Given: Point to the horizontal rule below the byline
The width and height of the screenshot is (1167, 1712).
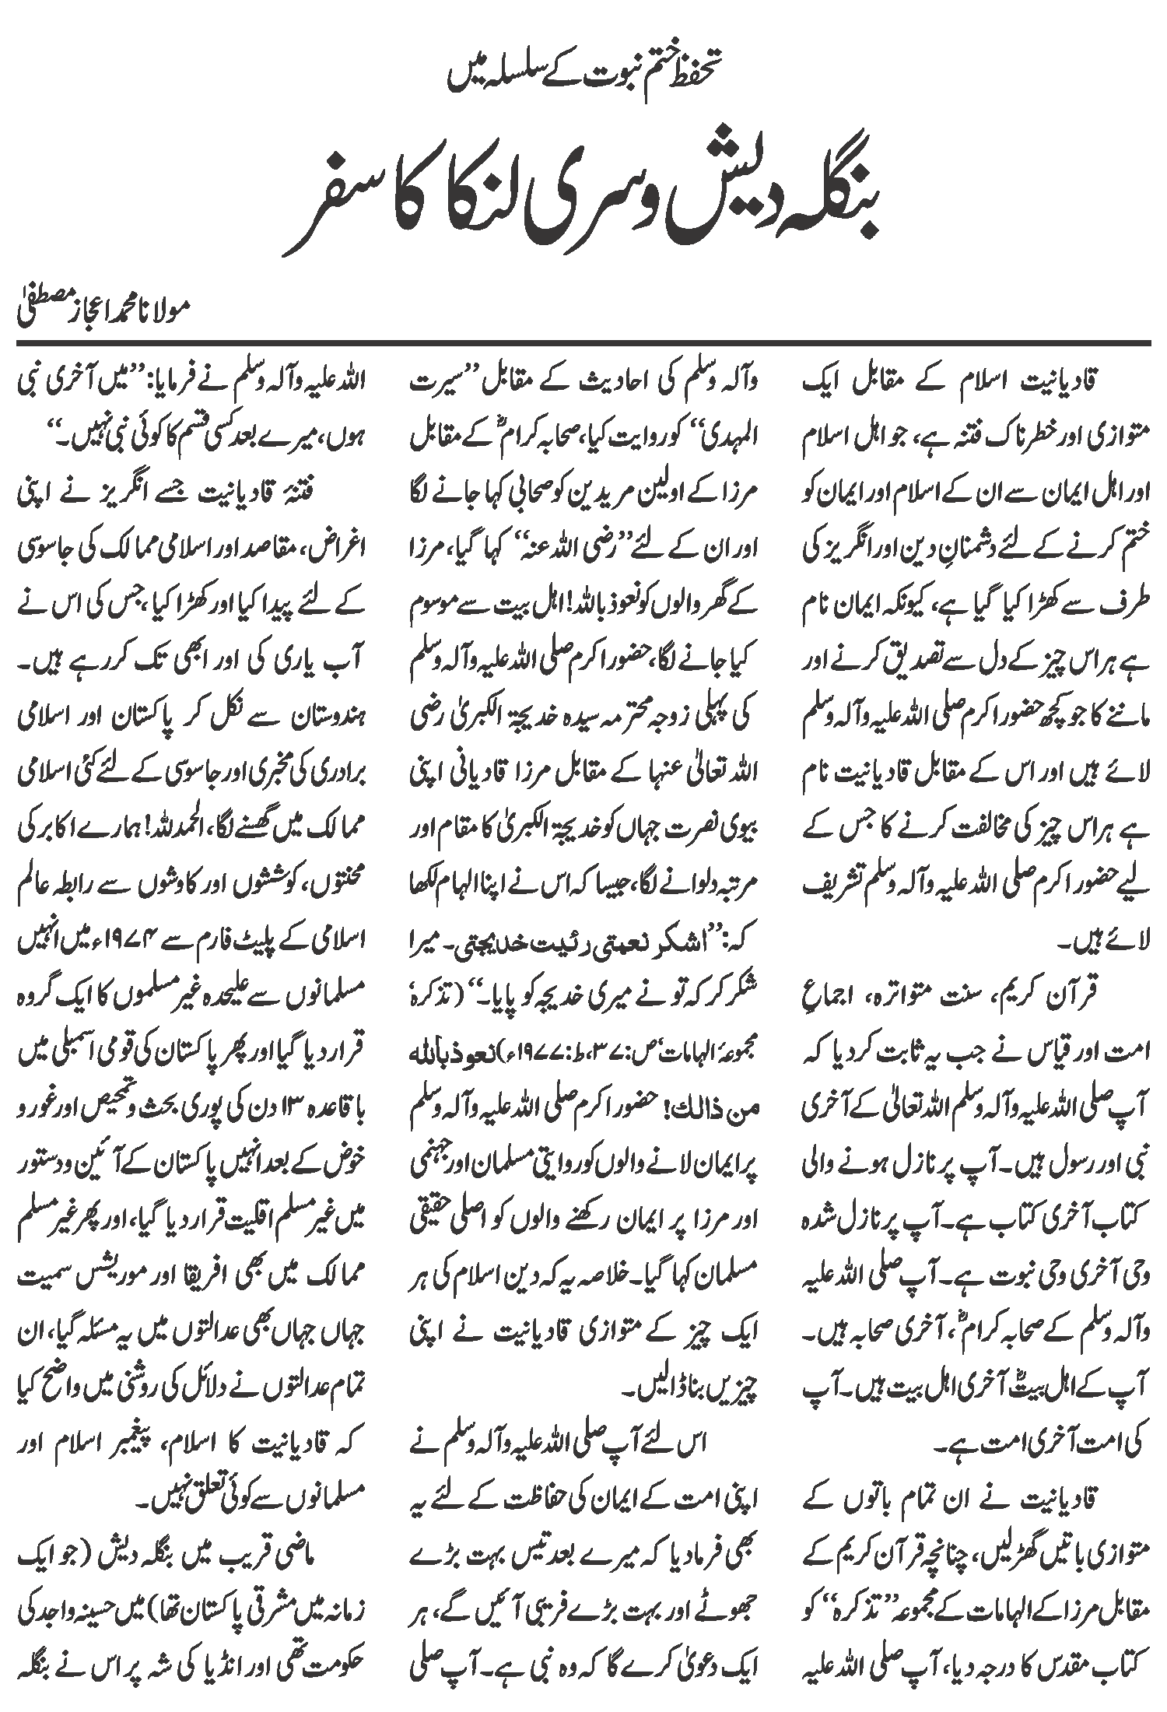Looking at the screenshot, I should click(x=583, y=342).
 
